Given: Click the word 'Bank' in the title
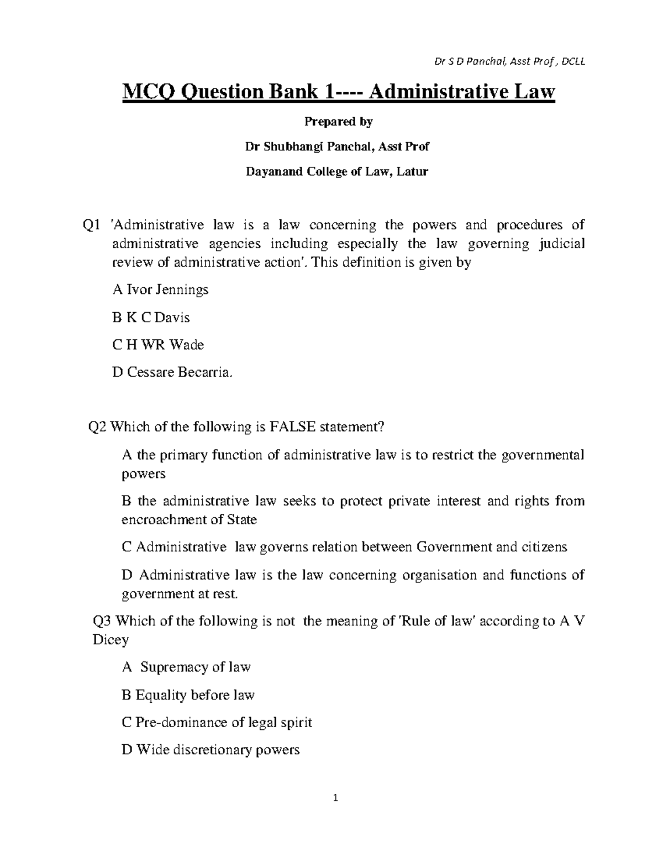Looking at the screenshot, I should click(x=288, y=92).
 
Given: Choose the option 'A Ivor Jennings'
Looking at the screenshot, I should click(x=160, y=289).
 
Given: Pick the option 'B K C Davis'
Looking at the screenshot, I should click(x=151, y=318).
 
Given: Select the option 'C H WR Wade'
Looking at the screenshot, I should click(x=158, y=345).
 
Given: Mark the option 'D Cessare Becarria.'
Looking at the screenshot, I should click(x=169, y=373).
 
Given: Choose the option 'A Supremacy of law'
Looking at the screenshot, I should click(x=186, y=667).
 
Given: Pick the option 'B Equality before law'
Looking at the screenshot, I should click(x=188, y=695).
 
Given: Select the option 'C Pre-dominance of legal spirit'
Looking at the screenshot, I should click(x=217, y=723).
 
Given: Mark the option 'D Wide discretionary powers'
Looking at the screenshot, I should click(x=211, y=750).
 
